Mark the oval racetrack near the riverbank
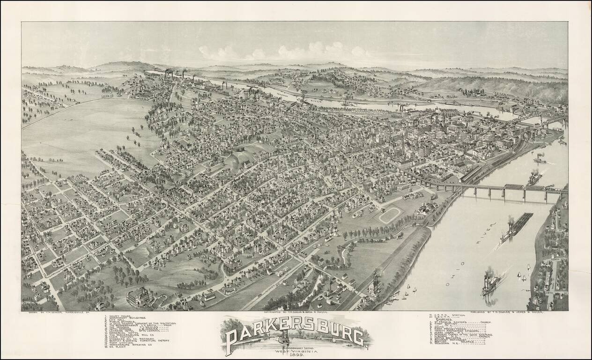[389, 215]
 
